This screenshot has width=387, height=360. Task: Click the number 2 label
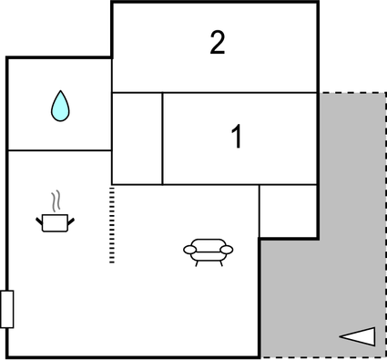tap(217, 43)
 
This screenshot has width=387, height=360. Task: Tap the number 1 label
tap(237, 138)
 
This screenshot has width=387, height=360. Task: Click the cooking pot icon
tap(55, 221)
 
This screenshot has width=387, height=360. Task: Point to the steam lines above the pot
tap(56, 200)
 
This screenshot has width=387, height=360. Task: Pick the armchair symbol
tap(209, 250)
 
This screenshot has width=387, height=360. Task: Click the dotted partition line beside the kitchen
tap(112, 224)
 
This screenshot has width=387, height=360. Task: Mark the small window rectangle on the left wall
tap(6, 309)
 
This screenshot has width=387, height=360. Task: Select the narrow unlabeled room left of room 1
tap(137, 138)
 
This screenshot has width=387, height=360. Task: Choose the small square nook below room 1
tap(288, 211)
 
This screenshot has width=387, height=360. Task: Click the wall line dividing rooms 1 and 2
tap(215, 92)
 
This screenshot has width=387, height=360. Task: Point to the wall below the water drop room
tap(59, 150)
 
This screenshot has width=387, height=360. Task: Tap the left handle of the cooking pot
tap(38, 218)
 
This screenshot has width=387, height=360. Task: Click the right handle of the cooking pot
tap(71, 218)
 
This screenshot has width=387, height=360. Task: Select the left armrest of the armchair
tap(188, 248)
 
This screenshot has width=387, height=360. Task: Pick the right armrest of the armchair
tap(228, 248)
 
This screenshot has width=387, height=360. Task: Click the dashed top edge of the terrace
tap(351, 92)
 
